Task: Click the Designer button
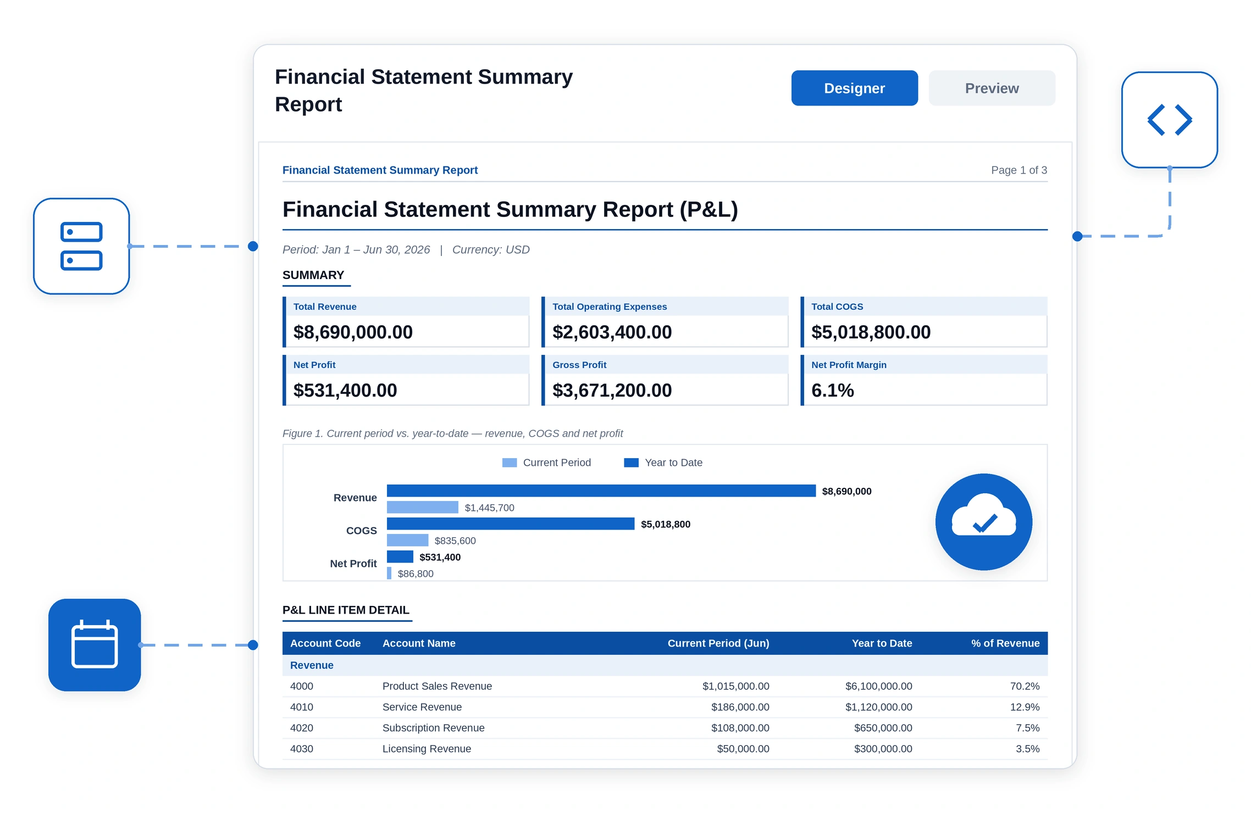click(854, 88)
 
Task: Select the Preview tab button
click(992, 88)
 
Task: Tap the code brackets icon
click(1169, 120)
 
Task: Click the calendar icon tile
click(95, 644)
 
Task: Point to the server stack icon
click(81, 246)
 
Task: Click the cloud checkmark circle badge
click(984, 522)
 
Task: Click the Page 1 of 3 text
click(1019, 170)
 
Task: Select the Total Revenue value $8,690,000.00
click(353, 332)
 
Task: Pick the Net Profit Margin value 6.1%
click(832, 390)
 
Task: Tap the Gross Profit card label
click(579, 365)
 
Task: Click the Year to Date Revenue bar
click(601, 491)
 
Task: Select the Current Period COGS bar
click(407, 540)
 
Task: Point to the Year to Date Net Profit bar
click(400, 556)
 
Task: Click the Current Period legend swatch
click(510, 463)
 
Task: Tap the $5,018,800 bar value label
click(666, 524)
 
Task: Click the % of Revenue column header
click(1005, 643)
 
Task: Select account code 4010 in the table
click(302, 707)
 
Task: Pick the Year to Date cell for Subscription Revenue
click(883, 728)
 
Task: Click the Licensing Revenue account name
click(427, 749)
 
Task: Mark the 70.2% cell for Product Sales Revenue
click(1025, 686)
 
